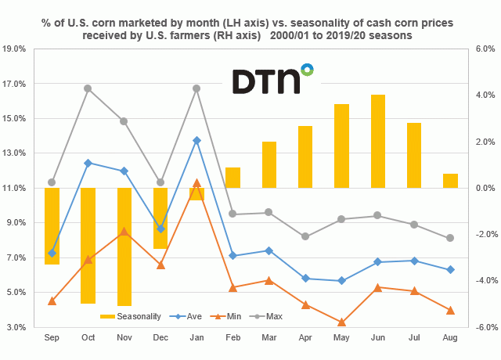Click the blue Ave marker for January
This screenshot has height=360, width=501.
196,140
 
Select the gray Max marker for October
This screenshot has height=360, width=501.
88,88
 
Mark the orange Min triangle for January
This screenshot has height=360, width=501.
196,183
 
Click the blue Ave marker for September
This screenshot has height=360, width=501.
52,253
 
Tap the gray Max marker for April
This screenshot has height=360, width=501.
305,236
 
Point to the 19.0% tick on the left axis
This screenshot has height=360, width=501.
16,49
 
